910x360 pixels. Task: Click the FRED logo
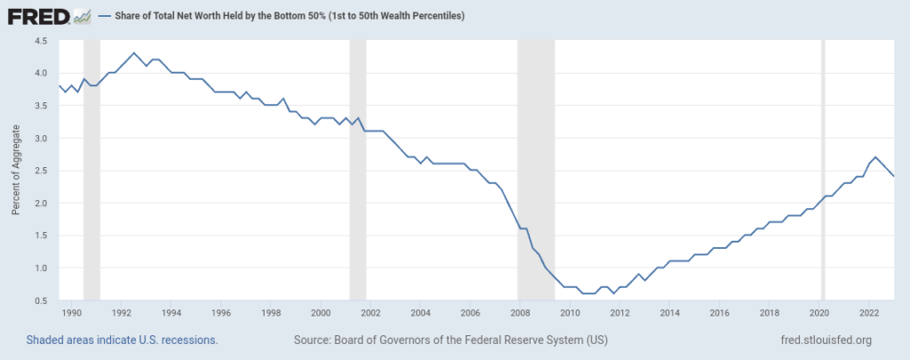click(x=50, y=16)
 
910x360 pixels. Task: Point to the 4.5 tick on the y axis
click(x=41, y=41)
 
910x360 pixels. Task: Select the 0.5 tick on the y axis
click(x=41, y=300)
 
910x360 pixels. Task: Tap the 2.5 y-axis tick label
click(x=41, y=171)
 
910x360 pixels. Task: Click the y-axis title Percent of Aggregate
click(x=15, y=171)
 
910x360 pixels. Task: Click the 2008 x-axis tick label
click(x=520, y=313)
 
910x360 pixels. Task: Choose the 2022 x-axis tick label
click(x=869, y=313)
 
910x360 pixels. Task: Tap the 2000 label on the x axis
click(x=321, y=313)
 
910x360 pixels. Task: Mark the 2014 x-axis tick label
click(x=670, y=313)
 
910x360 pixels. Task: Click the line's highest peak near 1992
click(x=133, y=53)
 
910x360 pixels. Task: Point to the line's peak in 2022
click(x=875, y=157)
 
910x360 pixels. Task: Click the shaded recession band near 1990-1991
click(x=91, y=178)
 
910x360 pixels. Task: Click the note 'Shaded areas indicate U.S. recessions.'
click(x=122, y=340)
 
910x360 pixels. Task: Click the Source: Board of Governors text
click(x=450, y=340)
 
